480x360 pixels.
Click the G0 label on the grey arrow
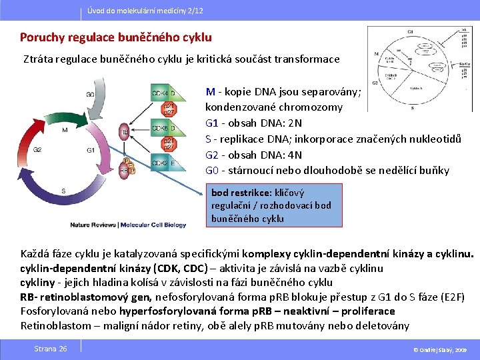(x=91, y=95)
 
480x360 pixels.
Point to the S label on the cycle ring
(x=63, y=191)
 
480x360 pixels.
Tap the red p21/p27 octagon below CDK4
(x=169, y=109)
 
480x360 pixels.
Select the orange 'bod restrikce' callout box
(x=275, y=205)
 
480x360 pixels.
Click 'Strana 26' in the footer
(x=51, y=349)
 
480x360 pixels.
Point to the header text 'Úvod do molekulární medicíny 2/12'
(x=145, y=12)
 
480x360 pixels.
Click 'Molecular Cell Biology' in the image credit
(x=153, y=225)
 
